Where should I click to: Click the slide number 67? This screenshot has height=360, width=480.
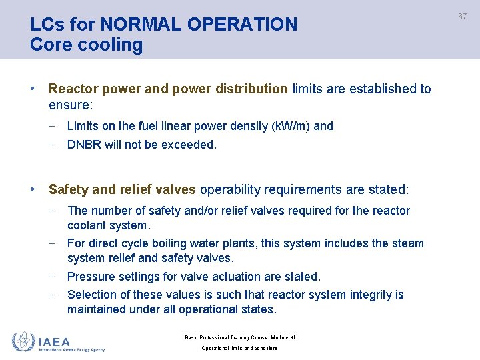(x=462, y=15)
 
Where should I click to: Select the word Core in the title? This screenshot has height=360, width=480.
(x=49, y=45)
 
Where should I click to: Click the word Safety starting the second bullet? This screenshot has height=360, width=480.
(x=69, y=190)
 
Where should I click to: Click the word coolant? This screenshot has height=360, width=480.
(x=89, y=225)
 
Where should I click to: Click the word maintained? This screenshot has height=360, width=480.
(x=98, y=309)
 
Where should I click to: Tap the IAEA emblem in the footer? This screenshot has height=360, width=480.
(x=23, y=342)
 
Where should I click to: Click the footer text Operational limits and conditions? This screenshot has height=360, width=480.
(x=239, y=349)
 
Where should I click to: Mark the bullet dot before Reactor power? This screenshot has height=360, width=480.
(x=33, y=89)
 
